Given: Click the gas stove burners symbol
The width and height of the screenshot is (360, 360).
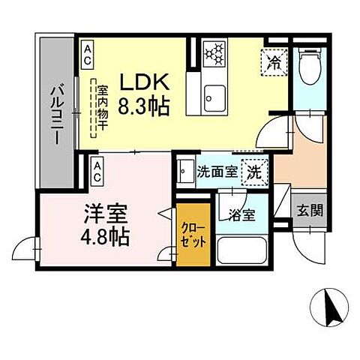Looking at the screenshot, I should (x=214, y=52).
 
